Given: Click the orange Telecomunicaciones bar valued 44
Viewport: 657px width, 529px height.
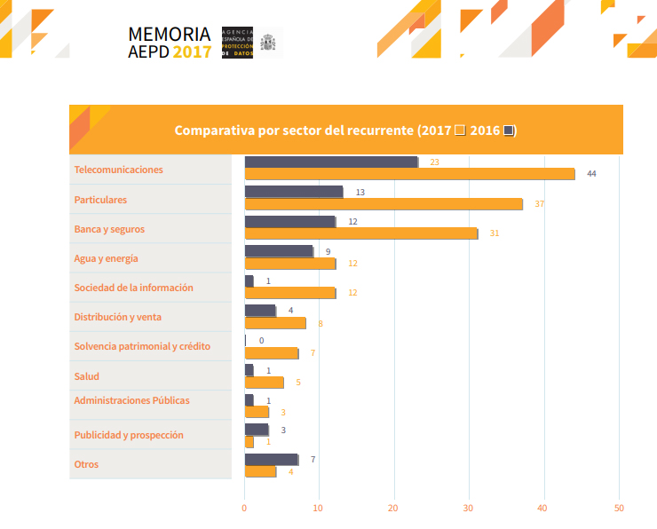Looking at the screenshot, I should click(x=409, y=174).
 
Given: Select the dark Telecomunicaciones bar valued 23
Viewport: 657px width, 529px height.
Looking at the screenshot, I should click(x=331, y=162).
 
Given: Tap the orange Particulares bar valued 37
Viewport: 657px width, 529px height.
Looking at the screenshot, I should click(x=384, y=204).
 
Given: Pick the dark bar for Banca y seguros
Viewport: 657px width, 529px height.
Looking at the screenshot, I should click(x=289, y=221).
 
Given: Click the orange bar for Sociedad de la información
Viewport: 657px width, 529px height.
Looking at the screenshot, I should click(x=289, y=293).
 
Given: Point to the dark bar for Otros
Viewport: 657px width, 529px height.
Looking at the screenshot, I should click(x=271, y=459).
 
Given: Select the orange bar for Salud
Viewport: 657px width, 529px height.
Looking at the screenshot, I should click(x=264, y=383).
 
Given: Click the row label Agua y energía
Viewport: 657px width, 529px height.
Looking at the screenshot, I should click(x=106, y=258).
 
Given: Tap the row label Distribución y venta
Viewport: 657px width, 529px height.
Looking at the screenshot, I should click(x=117, y=317).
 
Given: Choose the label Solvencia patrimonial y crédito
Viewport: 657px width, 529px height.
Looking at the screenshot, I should click(x=142, y=346).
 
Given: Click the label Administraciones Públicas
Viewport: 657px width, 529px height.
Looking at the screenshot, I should click(x=131, y=400).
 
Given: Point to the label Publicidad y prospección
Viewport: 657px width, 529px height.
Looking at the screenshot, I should click(x=129, y=435).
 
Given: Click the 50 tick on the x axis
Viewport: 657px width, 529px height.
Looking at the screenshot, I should click(x=619, y=508).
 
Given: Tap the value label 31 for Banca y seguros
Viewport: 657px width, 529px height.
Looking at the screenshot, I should click(x=495, y=233).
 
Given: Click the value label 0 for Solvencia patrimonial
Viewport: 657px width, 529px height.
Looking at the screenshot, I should click(x=261, y=340).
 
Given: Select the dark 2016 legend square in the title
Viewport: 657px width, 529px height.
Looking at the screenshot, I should click(x=508, y=130).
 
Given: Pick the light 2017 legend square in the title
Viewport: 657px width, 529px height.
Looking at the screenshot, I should click(x=460, y=130).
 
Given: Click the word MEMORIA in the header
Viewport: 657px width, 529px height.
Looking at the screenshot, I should click(x=170, y=34).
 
